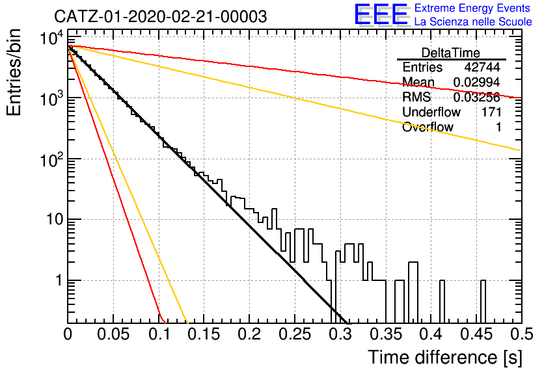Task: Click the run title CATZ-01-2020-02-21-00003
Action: [x=161, y=17]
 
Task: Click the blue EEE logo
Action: [x=381, y=14]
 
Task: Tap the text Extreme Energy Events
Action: [x=472, y=8]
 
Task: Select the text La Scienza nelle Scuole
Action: [x=473, y=22]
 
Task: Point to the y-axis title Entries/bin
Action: [x=14, y=72]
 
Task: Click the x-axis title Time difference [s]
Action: [x=445, y=358]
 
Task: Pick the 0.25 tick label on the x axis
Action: [x=295, y=334]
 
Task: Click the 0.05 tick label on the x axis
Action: [x=113, y=334]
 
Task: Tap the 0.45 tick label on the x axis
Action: [x=477, y=334]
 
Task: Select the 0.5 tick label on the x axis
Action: [x=521, y=334]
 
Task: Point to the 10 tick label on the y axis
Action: [x=55, y=219]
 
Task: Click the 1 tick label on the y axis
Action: [x=59, y=280]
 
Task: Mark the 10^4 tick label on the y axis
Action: [x=51, y=38]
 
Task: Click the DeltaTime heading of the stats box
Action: [x=451, y=53]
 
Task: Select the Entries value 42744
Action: [x=482, y=67]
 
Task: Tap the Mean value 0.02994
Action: [x=476, y=82]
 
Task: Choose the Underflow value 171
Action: [x=491, y=112]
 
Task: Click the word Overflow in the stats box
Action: [x=428, y=127]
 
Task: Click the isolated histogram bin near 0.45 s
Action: [x=483, y=301]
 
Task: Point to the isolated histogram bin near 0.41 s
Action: [x=442, y=301]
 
